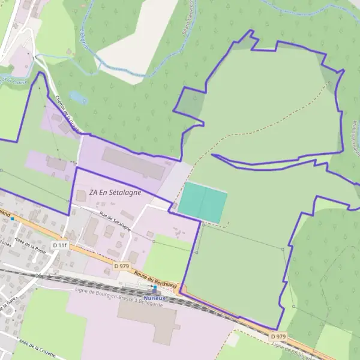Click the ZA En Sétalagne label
115,193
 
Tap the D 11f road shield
59,245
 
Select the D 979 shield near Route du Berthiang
121,265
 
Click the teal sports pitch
203,202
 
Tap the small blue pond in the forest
77,97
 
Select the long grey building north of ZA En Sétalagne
133,164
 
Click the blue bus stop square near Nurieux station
154,287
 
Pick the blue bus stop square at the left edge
11,218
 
